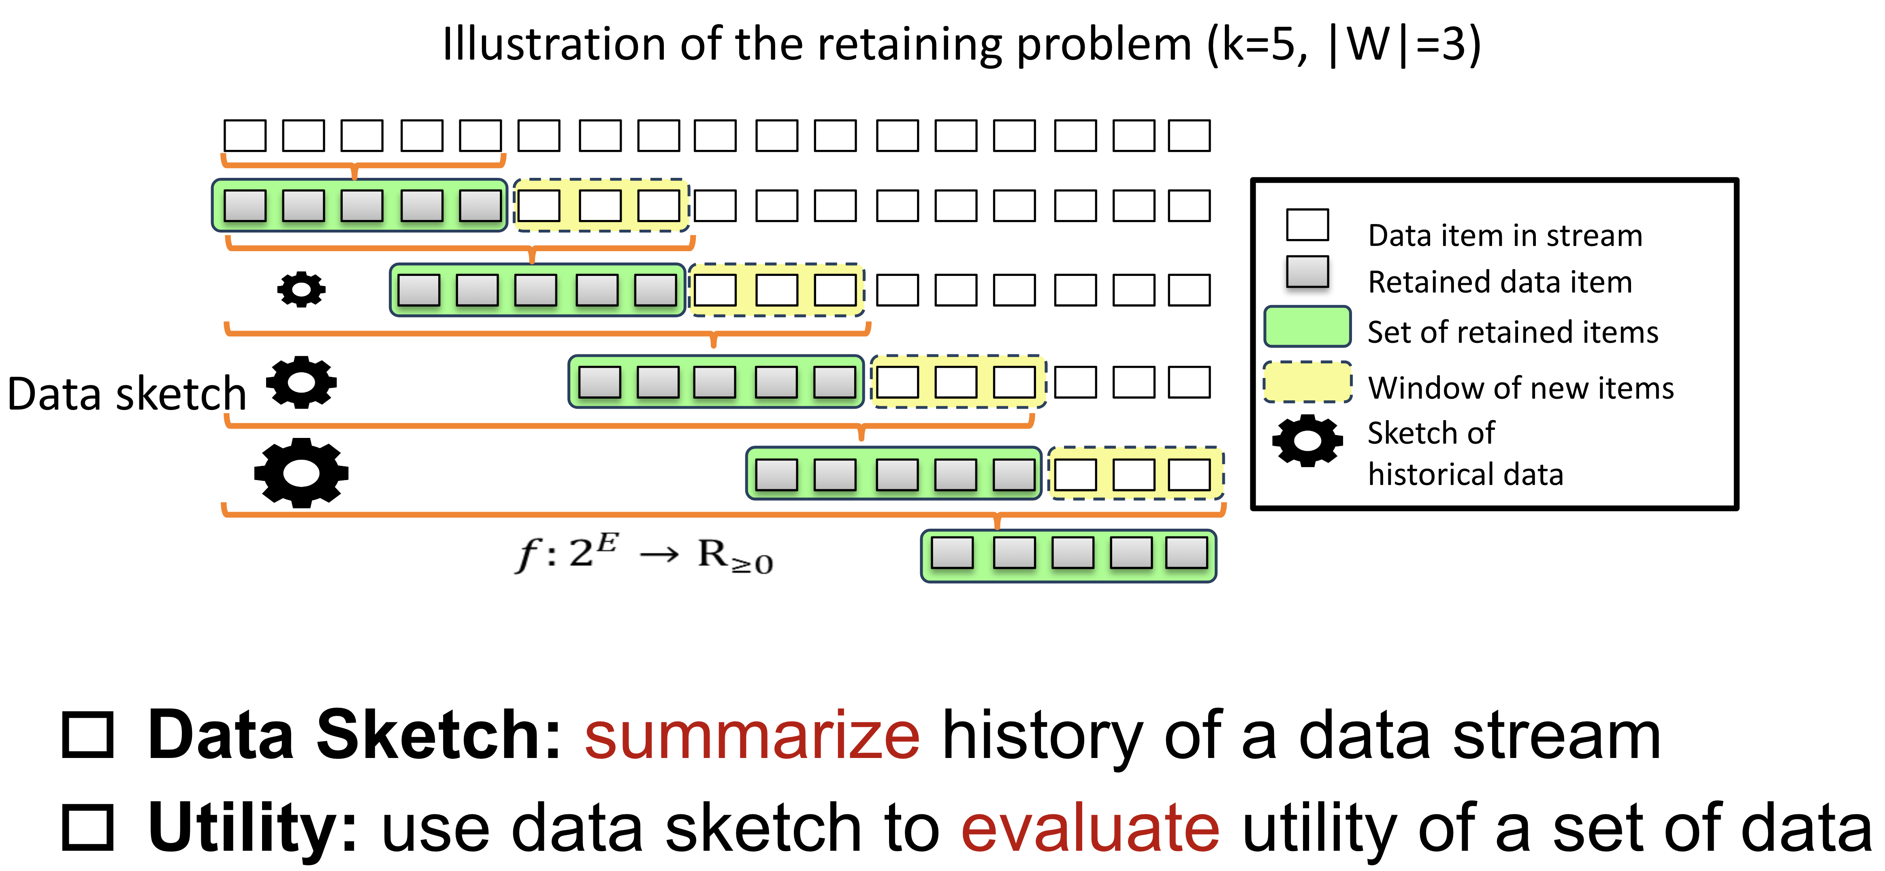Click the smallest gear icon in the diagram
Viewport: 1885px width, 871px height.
pos(301,289)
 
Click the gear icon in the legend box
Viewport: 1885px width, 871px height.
pos(1307,441)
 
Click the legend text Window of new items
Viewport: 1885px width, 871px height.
pos(1520,388)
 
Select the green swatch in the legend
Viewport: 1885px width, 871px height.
pos(1307,327)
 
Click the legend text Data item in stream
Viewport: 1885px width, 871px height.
pos(1505,236)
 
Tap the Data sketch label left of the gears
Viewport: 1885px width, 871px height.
pos(126,394)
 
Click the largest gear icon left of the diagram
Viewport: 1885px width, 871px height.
pos(301,473)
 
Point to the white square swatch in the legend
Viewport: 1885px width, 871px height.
pos(1307,225)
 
